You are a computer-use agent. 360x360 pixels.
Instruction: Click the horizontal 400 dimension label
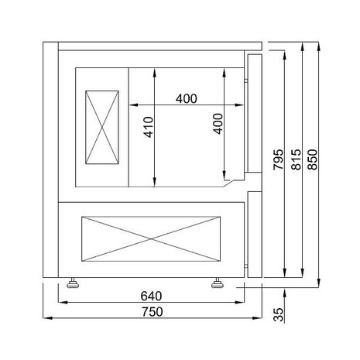coord(185,98)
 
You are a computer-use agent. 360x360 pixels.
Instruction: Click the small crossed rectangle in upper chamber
coord(101,128)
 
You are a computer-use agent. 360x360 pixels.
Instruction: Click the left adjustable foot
coord(74,282)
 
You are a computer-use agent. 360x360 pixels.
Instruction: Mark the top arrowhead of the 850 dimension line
coord(317,46)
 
